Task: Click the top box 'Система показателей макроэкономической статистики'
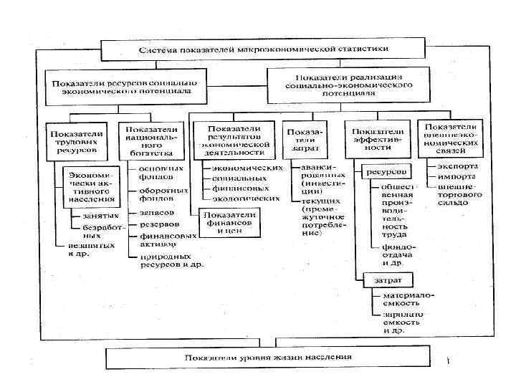264,49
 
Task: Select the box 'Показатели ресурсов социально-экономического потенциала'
127,82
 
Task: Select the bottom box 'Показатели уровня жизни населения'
267,356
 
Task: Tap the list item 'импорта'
451,177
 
